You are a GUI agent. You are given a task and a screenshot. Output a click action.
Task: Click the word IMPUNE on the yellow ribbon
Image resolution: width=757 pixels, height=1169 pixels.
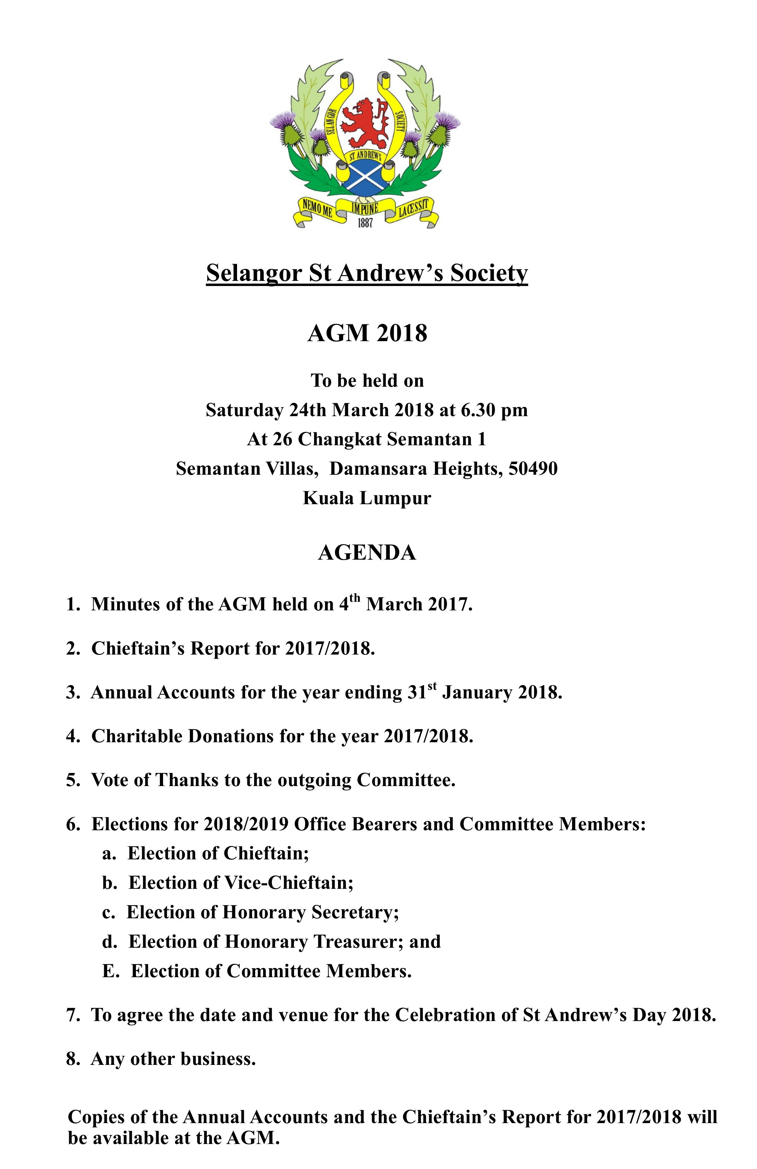click(364, 208)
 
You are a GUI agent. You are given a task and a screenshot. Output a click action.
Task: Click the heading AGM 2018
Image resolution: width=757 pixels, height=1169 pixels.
click(367, 333)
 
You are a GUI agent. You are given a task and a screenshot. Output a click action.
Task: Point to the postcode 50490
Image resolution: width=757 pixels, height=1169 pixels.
click(533, 468)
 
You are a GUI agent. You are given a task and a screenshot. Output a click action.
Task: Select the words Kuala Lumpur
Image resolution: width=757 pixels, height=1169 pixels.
click(367, 498)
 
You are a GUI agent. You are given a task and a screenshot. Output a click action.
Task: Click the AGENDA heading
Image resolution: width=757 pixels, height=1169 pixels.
click(367, 552)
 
